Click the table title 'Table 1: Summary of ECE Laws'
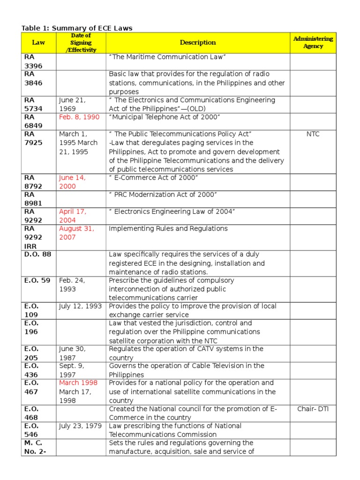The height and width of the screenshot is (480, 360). point(77,28)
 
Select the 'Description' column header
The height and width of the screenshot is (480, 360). point(198,43)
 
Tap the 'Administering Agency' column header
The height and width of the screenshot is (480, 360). point(313,43)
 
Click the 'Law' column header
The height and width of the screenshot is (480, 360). point(38,43)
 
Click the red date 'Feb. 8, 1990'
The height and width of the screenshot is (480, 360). point(79,117)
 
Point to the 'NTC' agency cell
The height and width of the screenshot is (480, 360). point(313,134)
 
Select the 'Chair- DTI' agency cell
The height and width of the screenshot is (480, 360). point(313,409)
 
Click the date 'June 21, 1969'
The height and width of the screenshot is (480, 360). point(73,105)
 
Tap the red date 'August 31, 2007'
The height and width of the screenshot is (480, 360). point(77,233)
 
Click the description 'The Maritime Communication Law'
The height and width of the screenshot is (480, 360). point(168,57)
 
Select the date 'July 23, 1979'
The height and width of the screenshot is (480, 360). point(81,426)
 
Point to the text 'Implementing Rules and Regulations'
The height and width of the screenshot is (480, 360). point(168,229)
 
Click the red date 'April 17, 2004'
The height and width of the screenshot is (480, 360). point(73,216)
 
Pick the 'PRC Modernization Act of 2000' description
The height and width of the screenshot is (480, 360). point(163,195)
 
